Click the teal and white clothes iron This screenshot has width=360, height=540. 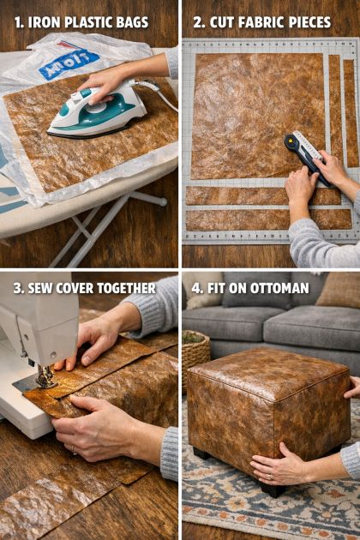coord(99,109)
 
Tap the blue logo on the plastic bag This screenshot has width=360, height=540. coord(69,64)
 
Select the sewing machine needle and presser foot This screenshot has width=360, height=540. coord(45,377)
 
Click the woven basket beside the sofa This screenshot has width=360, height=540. coord(195,355)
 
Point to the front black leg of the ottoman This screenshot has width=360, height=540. coord(273,489)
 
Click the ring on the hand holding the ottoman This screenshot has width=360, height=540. coord(270,477)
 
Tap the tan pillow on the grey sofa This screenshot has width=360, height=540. coord(338,290)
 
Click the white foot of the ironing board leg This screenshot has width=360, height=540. coord(161,201)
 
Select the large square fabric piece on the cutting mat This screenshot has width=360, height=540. coord(258,116)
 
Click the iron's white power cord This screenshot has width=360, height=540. coord(159,94)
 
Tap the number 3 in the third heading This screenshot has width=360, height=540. coord(17,288)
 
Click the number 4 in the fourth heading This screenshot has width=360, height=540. coord(196,288)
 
